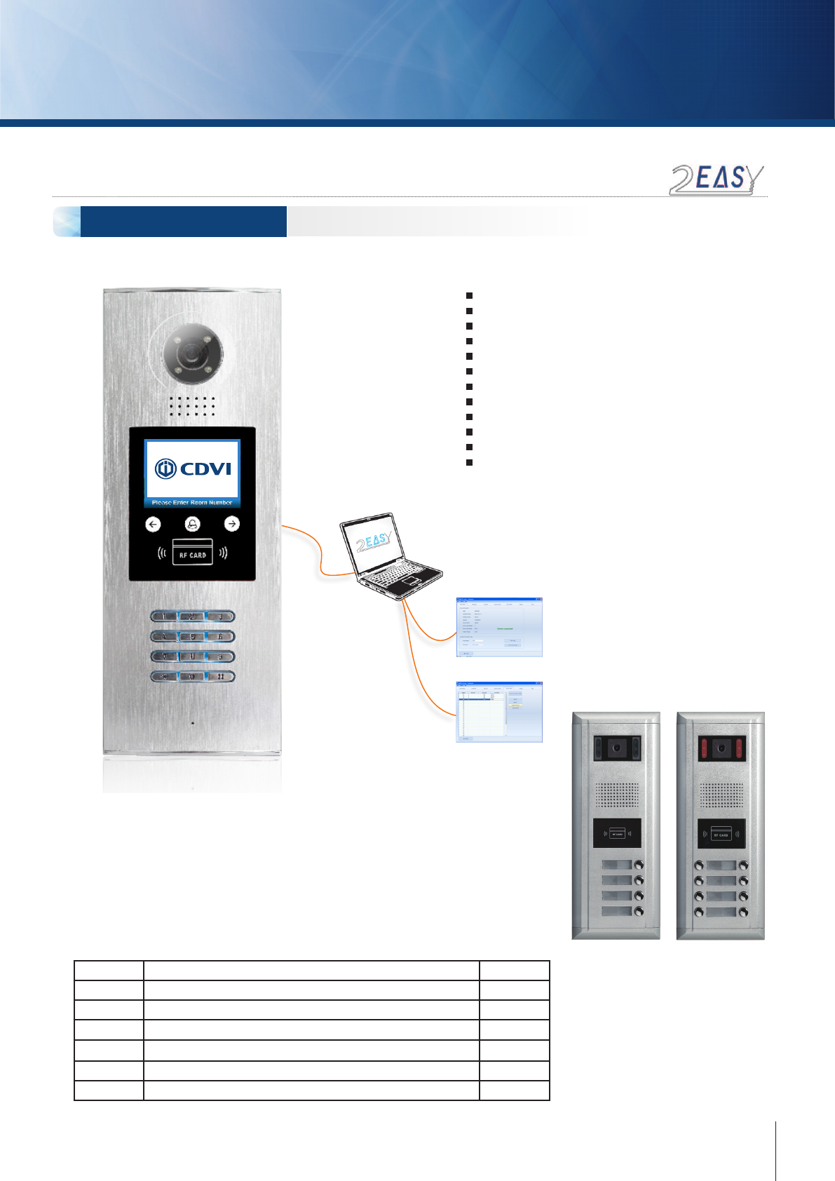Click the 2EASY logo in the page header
716,180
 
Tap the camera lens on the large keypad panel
193,351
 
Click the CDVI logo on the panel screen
193,468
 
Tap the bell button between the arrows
192,524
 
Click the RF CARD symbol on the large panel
192,553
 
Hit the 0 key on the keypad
192,677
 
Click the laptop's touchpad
411,581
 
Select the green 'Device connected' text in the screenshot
505,628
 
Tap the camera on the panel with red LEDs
720,749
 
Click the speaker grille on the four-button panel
617,795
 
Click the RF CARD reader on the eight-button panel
721,835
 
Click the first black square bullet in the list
469,296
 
